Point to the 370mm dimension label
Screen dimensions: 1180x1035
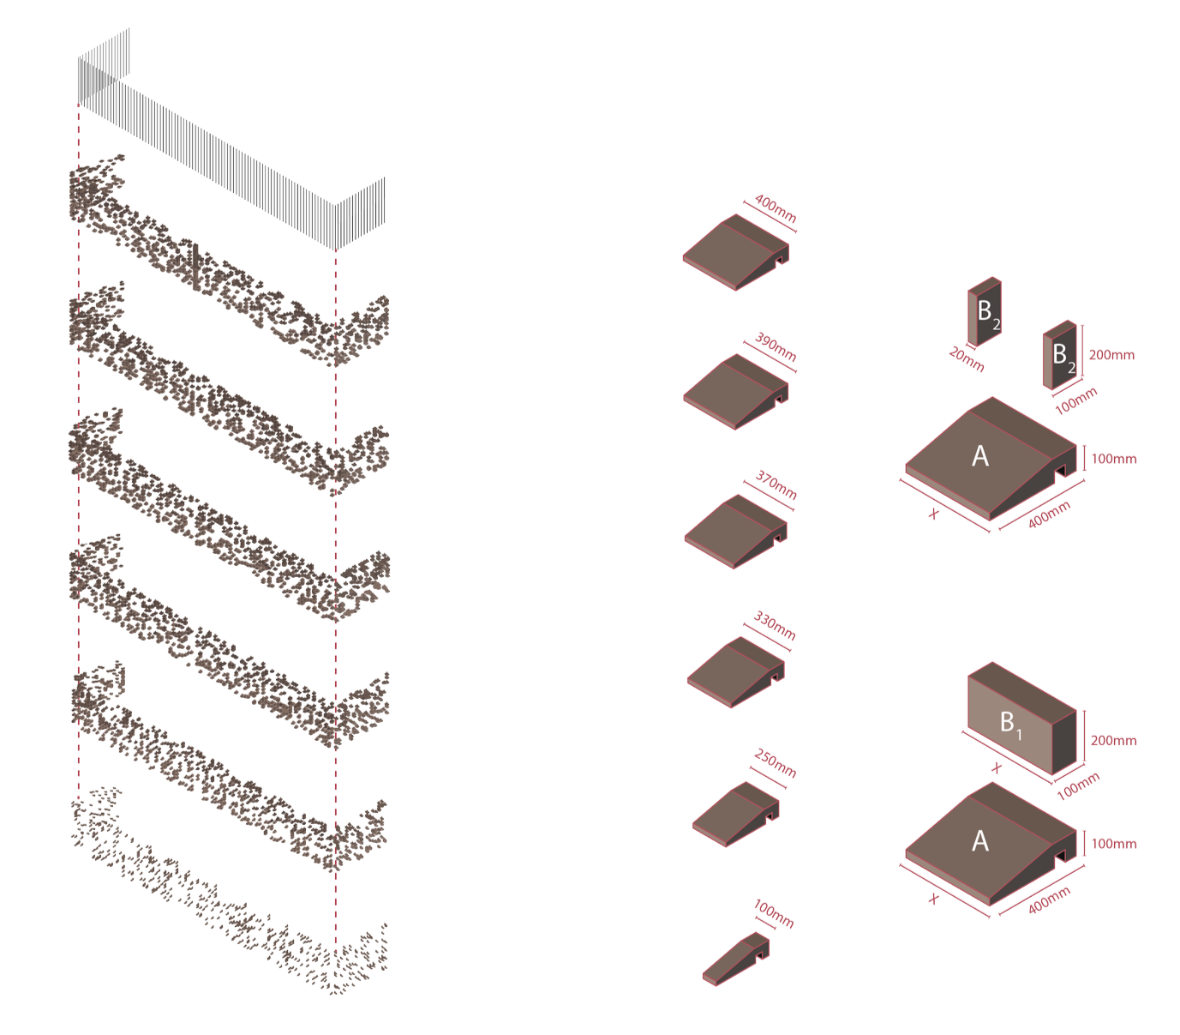(776, 494)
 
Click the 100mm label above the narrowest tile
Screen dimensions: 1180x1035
(774, 914)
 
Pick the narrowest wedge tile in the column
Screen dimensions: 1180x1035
(735, 961)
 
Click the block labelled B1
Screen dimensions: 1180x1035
(1015, 721)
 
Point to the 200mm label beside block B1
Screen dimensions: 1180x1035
(1111, 739)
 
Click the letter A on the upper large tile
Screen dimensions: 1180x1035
(979, 457)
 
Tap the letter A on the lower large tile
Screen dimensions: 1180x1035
(979, 842)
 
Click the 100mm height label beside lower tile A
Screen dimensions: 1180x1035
(1112, 844)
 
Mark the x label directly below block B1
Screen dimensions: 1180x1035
(997, 768)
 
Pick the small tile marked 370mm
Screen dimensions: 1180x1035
(735, 532)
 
